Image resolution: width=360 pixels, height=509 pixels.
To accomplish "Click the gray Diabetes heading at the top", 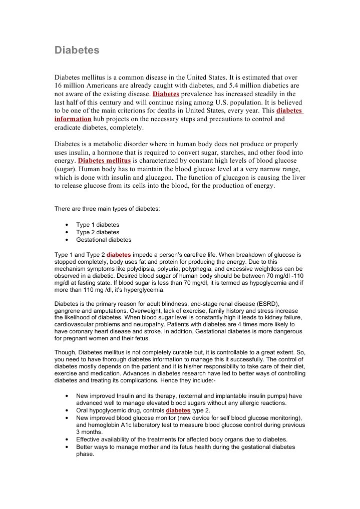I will tap(77, 51).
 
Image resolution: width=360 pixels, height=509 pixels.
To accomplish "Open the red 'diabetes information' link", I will tap(73, 119).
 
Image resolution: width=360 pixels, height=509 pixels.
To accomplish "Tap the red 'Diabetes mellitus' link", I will tap(105, 161).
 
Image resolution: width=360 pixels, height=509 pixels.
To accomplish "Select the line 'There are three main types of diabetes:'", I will tap(107, 209).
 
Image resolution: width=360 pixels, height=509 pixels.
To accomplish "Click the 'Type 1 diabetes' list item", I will tap(98, 225).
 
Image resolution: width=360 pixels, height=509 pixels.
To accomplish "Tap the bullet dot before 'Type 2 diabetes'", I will tap(67, 233).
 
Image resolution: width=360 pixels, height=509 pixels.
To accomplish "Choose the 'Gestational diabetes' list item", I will tap(104, 240).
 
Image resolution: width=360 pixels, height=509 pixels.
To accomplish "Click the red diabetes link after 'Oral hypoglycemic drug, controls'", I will tap(178, 410).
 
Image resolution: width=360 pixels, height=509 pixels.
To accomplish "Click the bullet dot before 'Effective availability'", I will tap(67, 440).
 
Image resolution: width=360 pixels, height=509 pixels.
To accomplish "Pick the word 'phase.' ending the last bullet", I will tap(85, 454).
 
